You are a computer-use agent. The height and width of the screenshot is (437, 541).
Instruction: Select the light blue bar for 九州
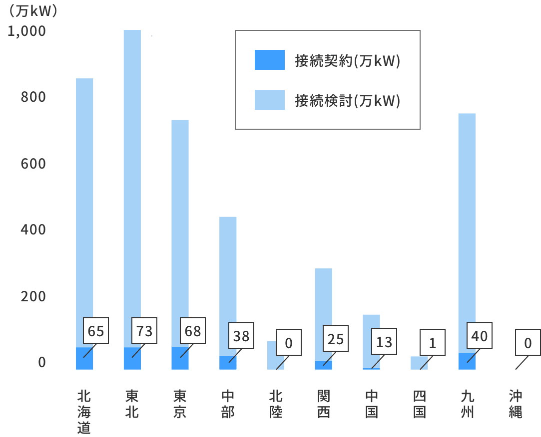coord(467,224)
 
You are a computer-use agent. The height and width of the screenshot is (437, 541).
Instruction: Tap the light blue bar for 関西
coord(323,299)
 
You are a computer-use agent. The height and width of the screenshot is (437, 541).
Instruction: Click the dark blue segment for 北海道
coord(84,359)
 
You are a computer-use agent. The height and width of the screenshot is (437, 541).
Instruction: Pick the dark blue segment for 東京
coord(180,359)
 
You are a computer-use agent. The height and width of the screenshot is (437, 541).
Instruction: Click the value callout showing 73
coord(144,331)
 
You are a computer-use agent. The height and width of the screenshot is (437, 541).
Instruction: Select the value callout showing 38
coord(241,336)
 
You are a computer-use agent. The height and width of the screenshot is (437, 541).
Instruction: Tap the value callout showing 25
coord(336,339)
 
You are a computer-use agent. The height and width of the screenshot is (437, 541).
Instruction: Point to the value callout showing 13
coord(384,342)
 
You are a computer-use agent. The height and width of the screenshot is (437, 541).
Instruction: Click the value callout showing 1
coord(432,343)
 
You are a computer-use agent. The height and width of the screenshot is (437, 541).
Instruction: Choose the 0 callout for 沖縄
coord(528,343)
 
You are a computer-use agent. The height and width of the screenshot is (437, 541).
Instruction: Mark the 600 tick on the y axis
coord(33,164)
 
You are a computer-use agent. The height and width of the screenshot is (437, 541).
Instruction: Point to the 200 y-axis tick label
coord(33,296)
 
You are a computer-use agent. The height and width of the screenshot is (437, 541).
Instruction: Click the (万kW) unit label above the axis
coord(30,11)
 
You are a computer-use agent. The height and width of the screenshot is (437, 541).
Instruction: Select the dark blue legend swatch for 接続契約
coord(269,60)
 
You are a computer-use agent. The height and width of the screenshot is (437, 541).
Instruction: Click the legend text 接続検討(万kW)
coord(348,101)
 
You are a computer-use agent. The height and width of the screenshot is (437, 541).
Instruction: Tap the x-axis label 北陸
coord(276,405)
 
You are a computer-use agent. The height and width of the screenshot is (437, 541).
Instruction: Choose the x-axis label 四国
coord(419,405)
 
